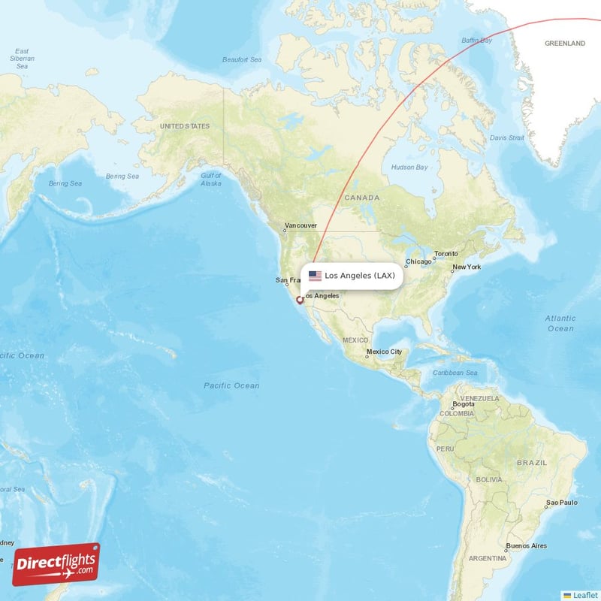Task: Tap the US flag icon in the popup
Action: pyautogui.click(x=315, y=276)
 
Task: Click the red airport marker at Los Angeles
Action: pyautogui.click(x=300, y=300)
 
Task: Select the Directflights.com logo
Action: pyautogui.click(x=56, y=563)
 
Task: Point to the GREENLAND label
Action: pyautogui.click(x=564, y=44)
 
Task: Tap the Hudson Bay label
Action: pyautogui.click(x=410, y=167)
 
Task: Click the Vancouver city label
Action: pyautogui.click(x=300, y=225)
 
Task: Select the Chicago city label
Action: pyautogui.click(x=418, y=262)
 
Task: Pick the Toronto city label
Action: pyautogui.click(x=446, y=254)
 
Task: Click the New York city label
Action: pyautogui.click(x=467, y=267)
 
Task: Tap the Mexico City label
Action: pyautogui.click(x=384, y=352)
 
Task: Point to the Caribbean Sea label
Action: pyautogui.click(x=455, y=373)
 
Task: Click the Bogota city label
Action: pyautogui.click(x=464, y=404)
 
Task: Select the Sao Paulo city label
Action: pyautogui.click(x=562, y=502)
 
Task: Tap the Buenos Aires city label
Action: pyautogui.click(x=527, y=545)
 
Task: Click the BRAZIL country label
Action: pyautogui.click(x=532, y=463)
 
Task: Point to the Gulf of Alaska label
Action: pyautogui.click(x=211, y=179)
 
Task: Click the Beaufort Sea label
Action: pyautogui.click(x=242, y=59)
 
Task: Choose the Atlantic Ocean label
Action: pyautogui.click(x=560, y=324)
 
